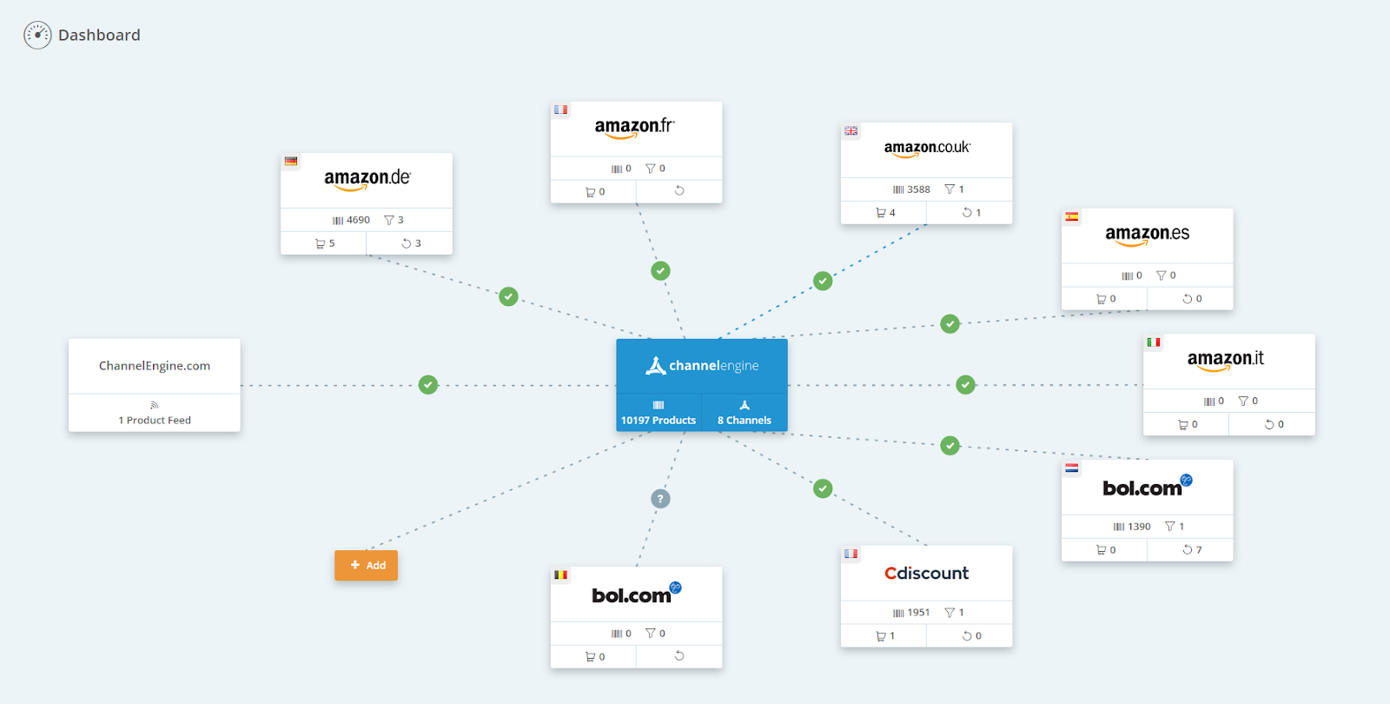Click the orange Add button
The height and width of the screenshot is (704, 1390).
366,565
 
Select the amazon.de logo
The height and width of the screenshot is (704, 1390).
367,179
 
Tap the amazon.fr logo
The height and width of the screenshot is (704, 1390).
635,128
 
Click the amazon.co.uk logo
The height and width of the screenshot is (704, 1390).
927,149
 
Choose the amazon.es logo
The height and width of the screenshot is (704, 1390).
1147,235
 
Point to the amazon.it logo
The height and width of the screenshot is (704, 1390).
1225,360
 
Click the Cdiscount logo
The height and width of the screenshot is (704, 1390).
926,574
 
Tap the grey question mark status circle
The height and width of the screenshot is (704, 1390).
660,499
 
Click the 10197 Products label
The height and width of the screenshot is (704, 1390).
659,420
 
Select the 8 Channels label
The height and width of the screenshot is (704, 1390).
745,420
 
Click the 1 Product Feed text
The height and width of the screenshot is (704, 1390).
155,420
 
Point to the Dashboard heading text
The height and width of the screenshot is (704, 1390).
99,36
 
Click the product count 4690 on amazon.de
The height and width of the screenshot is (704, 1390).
358,220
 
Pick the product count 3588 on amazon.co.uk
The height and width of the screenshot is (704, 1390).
918,189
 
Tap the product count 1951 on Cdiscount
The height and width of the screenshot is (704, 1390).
918,613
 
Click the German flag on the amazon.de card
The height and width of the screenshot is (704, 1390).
291,161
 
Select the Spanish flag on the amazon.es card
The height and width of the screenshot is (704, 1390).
1072,216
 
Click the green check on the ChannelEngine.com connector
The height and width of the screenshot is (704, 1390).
428,384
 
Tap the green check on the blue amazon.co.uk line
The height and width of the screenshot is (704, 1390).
823,281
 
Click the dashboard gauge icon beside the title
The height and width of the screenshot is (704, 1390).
37,35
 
